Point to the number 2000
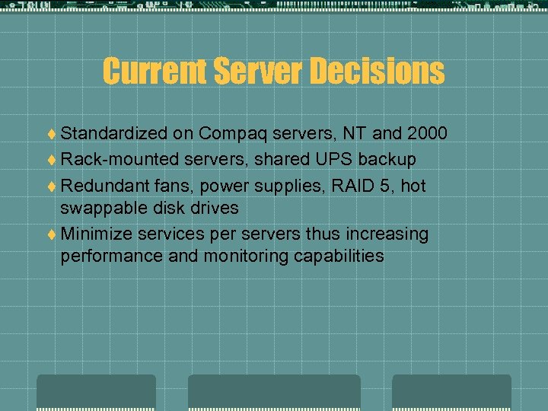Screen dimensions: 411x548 coord(427,134)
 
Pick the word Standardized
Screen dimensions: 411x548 coord(113,134)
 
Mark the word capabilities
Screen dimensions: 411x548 coord(338,256)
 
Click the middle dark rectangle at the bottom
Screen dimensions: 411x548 coord(274,393)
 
